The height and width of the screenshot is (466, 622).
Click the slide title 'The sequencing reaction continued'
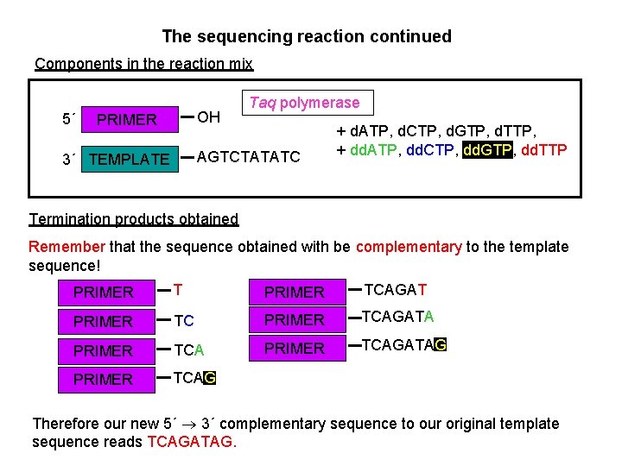307,36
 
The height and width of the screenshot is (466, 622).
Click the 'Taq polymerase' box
305,103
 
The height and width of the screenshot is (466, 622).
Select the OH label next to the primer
209,117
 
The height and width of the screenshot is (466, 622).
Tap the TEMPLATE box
130,159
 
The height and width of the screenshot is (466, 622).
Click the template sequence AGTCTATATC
249,157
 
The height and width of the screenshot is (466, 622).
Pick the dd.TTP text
545,150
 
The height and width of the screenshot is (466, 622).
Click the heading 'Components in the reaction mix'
143,64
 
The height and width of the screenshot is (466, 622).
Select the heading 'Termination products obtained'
134,218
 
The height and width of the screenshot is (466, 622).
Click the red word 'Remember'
67,247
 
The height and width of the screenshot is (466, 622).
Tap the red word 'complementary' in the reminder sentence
409,247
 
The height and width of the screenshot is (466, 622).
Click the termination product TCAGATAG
403,346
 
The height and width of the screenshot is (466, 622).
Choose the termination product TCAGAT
395,290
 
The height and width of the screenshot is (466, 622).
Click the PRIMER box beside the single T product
104,293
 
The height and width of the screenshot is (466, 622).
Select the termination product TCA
189,350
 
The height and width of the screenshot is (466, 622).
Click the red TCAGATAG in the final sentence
191,443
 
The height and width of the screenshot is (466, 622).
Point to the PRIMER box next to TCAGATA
294,320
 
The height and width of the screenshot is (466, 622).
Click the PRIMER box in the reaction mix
127,119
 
